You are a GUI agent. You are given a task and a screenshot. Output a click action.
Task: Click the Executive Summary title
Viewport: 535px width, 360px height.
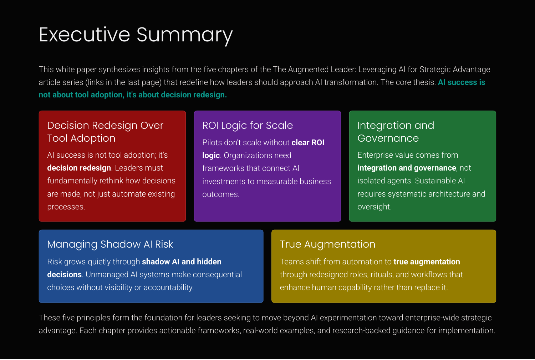pyautogui.click(x=136, y=35)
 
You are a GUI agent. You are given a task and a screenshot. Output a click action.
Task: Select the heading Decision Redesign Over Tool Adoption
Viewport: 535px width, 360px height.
pyautogui.click(x=105, y=132)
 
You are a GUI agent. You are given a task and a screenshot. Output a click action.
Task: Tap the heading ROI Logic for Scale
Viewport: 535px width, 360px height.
pyautogui.click(x=248, y=126)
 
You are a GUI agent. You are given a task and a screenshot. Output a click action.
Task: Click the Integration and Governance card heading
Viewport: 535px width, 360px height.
pyautogui.click(x=396, y=132)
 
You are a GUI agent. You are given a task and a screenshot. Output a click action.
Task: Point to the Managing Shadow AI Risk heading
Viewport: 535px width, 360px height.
pyautogui.click(x=110, y=244)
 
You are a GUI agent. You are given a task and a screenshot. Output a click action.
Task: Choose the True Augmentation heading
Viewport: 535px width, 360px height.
pyautogui.click(x=327, y=244)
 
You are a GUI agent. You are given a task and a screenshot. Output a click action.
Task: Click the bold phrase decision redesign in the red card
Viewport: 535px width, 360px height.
pyautogui.click(x=79, y=168)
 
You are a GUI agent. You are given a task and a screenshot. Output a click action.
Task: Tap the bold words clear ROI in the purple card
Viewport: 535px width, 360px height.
pyautogui.click(x=308, y=143)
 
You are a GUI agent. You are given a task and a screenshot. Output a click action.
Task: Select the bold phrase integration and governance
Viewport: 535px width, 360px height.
pyautogui.click(x=407, y=168)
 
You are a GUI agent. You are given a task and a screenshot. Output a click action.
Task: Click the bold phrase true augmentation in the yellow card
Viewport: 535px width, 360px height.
pyautogui.click(x=427, y=262)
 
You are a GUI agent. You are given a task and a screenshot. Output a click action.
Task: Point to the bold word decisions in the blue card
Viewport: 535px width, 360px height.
pyautogui.click(x=65, y=274)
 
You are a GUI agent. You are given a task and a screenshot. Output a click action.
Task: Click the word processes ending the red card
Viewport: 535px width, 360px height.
pyautogui.click(x=66, y=207)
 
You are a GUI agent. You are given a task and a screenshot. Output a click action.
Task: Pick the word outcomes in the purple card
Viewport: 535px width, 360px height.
pyautogui.click(x=221, y=194)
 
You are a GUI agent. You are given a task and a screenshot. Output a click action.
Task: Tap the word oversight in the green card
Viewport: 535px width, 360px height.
pyautogui.click(x=374, y=207)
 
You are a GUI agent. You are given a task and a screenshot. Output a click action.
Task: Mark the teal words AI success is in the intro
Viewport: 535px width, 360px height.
pyautogui.click(x=462, y=82)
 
